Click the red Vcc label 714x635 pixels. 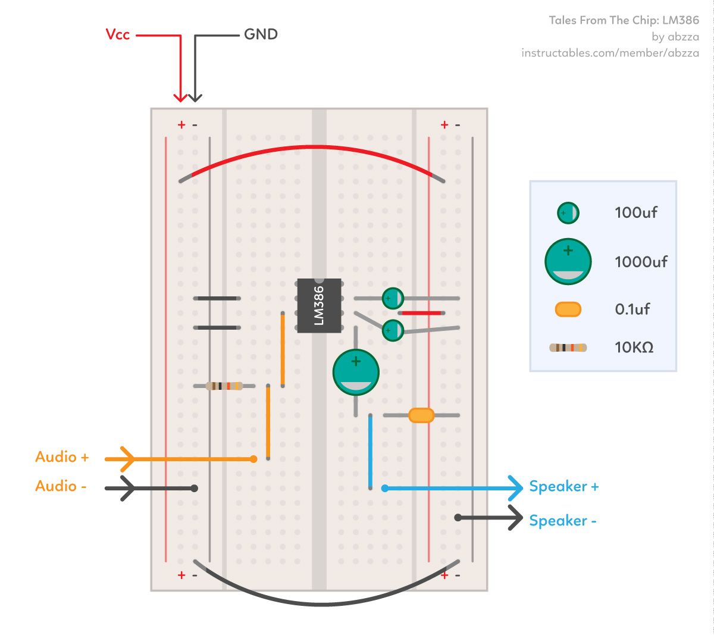[117, 35]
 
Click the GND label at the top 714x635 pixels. [261, 35]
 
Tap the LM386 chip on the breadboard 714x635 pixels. [320, 305]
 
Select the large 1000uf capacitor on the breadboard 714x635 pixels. [356, 373]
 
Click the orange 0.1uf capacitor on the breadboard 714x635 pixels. [421, 415]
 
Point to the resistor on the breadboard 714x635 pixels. [224, 386]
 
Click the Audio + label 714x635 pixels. [62, 457]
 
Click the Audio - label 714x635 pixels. [61, 486]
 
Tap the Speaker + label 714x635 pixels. [563, 487]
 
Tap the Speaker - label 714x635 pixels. [562, 521]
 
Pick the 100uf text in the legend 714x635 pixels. [635, 212]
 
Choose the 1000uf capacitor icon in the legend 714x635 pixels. [568, 261]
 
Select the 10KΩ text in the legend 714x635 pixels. [634, 347]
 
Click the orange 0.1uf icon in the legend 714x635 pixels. [568, 309]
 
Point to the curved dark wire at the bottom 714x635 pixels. [321, 603]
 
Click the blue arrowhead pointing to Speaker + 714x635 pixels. [515, 488]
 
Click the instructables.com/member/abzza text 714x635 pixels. [610, 53]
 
